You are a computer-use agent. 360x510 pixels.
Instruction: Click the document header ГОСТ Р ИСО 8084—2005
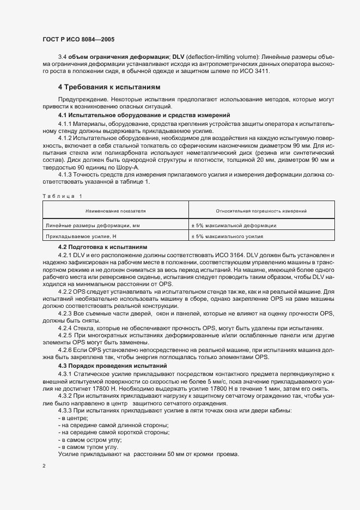point(78,40)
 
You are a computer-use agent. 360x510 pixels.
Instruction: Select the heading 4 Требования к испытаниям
point(108,87)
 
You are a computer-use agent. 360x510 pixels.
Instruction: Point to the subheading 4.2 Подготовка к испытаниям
point(102,247)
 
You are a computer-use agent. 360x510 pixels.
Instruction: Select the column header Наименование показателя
point(115,210)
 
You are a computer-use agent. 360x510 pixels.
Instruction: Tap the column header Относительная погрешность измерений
point(261,210)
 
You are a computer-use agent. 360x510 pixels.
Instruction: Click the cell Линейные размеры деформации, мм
point(93,225)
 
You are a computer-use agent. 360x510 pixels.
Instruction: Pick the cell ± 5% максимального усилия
point(227,236)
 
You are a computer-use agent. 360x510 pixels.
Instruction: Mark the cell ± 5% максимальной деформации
point(233,225)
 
